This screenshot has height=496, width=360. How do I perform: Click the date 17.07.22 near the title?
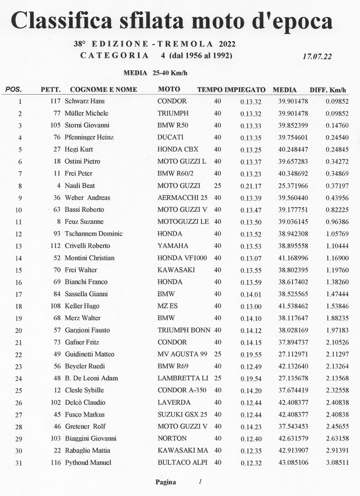[x=317, y=56]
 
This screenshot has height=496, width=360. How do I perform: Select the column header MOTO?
[x=169, y=90]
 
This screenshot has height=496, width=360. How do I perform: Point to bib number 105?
[x=55, y=125]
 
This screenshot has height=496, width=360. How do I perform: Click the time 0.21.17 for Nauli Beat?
[x=251, y=186]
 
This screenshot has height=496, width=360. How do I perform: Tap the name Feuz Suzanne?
[x=84, y=222]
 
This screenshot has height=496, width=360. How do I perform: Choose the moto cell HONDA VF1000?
[x=181, y=258]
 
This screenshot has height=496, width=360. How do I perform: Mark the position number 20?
[x=18, y=331]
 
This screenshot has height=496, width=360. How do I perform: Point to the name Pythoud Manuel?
[x=88, y=463]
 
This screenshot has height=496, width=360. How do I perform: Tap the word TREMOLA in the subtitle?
[x=186, y=44]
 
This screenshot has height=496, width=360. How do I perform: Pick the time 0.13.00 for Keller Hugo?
[x=251, y=306]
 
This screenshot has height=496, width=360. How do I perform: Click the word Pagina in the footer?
[x=165, y=482]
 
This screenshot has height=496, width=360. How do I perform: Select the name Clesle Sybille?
[x=84, y=390]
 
